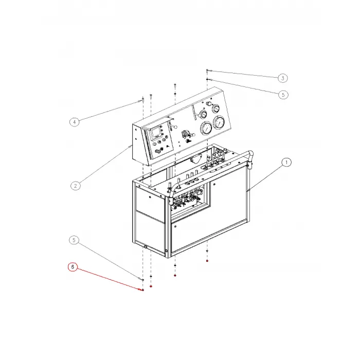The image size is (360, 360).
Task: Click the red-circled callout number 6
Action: tap(73, 267)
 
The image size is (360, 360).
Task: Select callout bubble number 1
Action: tap(286, 163)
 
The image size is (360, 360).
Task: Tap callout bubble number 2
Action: tap(76, 186)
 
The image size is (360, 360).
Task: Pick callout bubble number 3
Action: tap(283, 78)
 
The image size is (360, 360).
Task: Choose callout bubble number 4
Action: tap(75, 122)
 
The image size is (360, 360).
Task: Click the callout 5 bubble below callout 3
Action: tap(283, 95)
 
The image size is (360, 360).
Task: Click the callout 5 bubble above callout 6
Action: tap(74, 240)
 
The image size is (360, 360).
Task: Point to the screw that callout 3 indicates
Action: tap(207, 71)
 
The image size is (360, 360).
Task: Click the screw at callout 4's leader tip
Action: tap(143, 100)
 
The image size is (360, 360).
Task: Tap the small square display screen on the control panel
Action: tap(155, 133)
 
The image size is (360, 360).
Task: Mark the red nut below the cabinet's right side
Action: tap(207, 261)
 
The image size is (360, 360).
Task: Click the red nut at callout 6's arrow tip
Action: tap(143, 290)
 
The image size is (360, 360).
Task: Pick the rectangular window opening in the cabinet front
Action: tap(190, 202)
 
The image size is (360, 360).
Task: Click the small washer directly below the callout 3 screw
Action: tap(207, 79)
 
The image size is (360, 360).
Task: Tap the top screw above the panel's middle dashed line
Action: tap(175, 86)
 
